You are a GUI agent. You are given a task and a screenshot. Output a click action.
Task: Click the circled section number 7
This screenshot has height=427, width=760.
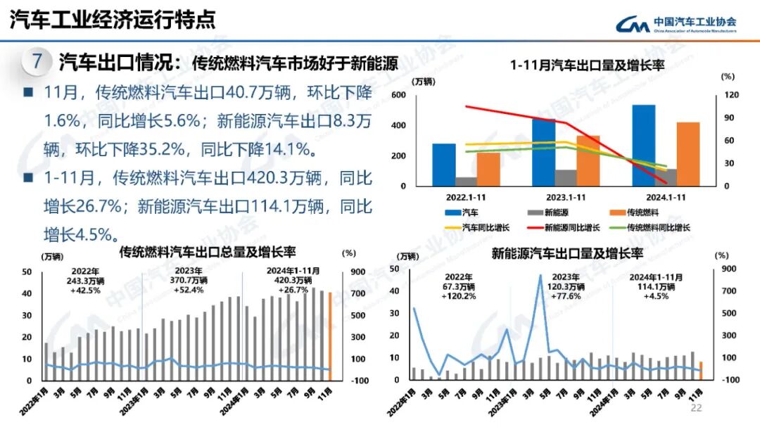37,61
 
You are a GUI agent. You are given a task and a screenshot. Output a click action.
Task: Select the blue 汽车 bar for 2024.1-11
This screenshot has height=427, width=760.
643,145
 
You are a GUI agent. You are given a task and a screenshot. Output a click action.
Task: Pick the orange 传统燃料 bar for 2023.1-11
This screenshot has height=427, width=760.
588,160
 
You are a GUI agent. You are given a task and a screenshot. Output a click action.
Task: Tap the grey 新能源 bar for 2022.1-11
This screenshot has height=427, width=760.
465,181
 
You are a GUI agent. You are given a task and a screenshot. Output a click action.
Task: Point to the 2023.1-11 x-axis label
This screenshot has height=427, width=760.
566,198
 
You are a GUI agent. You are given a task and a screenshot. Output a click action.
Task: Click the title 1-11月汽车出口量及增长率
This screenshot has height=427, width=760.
588,65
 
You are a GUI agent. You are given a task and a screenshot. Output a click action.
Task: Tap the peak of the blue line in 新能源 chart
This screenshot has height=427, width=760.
540,275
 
